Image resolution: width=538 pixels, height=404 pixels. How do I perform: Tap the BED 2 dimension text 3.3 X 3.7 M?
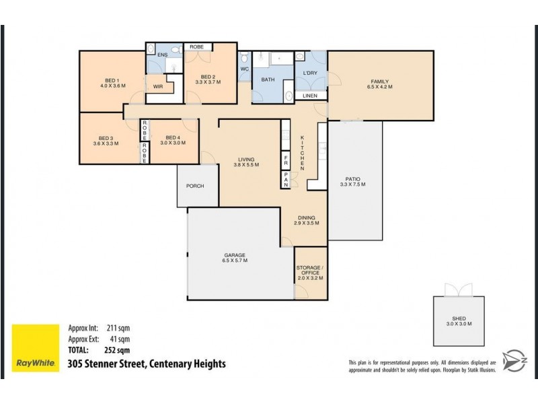click(208, 82)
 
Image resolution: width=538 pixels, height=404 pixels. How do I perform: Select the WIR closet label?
click(158, 87)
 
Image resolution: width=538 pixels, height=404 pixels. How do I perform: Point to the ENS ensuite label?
click(162, 55)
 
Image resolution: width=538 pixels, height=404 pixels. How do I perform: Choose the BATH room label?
click(268, 80)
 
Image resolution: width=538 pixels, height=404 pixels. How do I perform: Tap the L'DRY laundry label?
click(310, 73)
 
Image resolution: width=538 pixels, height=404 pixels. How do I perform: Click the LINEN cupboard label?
click(310, 96)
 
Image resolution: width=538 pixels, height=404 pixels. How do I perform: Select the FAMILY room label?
click(379, 81)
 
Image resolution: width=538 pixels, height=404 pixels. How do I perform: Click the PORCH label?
click(195, 186)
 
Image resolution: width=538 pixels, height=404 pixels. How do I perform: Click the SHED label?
click(459, 318)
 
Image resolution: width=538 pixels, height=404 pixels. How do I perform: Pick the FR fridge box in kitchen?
click(285, 162)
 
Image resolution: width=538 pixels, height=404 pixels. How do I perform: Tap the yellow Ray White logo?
click(35, 348)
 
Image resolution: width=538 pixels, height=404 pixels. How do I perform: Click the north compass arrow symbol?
click(514, 358)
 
